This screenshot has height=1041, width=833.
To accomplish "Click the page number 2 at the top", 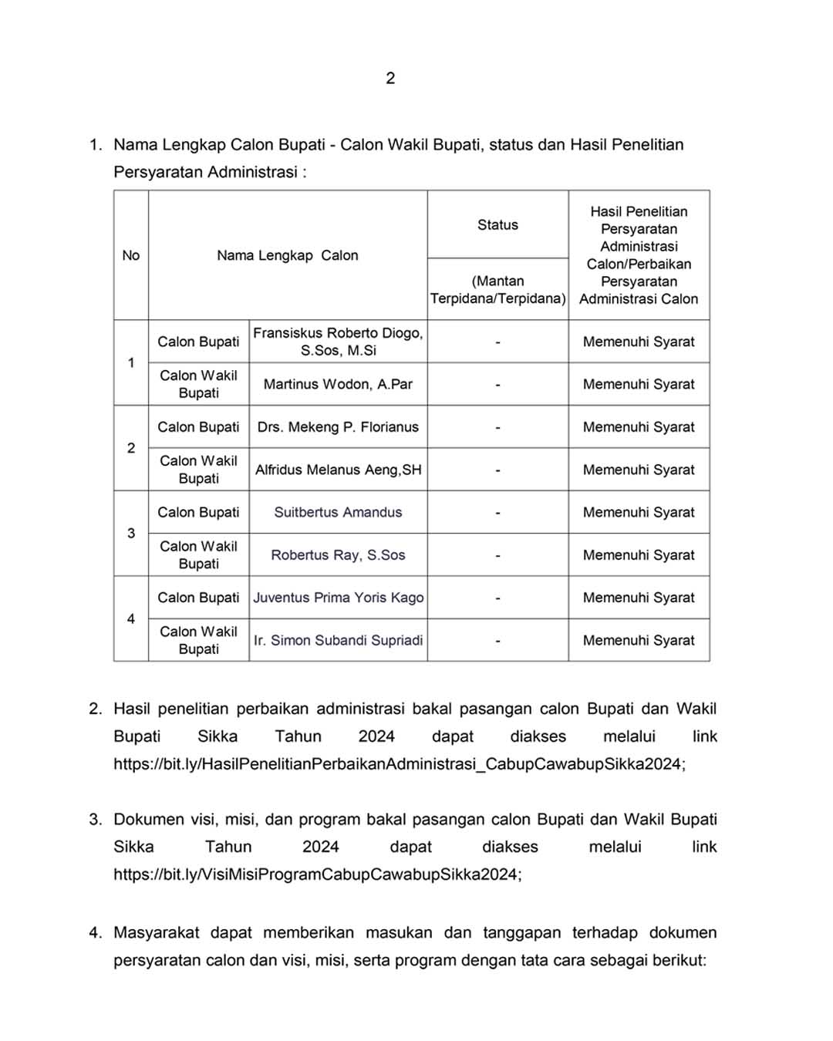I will pos(390,78).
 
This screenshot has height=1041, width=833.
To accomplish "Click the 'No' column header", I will pos(131,255).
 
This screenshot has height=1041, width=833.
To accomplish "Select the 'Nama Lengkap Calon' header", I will pos(288,255).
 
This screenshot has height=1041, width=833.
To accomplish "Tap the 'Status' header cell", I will pos(497,224).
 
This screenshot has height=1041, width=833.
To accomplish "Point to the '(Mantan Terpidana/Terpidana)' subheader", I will pos(497,290).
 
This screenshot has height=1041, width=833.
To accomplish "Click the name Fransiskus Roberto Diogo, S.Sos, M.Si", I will pos(338,342).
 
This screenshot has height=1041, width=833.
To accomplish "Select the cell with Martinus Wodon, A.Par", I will pos(338,384).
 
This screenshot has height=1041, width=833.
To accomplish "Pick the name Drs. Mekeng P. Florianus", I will pos(338,426).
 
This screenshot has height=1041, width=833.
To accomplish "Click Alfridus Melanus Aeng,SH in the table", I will pos(338,470).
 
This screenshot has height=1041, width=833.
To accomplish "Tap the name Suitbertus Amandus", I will pos(338,512).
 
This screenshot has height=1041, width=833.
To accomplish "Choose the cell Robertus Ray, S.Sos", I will pos(338,554).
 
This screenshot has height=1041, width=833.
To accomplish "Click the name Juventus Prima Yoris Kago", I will pos(338,598).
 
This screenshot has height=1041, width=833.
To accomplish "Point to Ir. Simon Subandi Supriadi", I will pos(338,640).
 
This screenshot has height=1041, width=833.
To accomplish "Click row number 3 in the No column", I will pos(131,533).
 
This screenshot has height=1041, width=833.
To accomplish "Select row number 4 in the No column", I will pos(131,618).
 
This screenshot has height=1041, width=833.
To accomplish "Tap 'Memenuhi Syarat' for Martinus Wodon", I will pos(639,384).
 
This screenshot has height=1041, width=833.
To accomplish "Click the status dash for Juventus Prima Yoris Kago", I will pos(497,598).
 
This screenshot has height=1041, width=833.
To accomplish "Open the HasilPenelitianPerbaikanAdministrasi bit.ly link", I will pos(398,764).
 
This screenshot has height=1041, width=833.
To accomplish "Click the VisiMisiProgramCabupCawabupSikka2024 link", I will pos(316,874).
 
